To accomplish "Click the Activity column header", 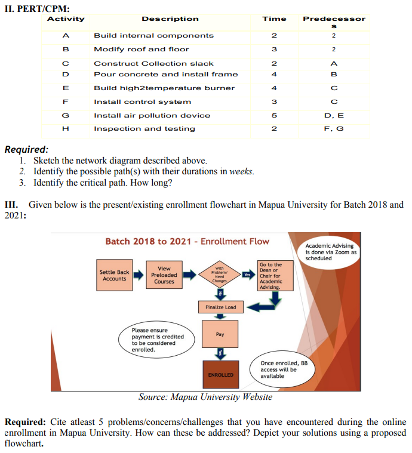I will (x=66, y=19).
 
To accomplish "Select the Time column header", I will (x=274, y=19).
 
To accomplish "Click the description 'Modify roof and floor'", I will (x=142, y=49).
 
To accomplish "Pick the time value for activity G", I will (x=274, y=115).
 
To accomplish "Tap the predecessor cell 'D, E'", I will (x=334, y=115).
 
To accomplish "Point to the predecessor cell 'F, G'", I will (x=334, y=128).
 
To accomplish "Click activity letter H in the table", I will (x=66, y=128).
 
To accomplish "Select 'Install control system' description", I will (x=143, y=101).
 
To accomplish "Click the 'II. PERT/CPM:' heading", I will (x=37, y=8).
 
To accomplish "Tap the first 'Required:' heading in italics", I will (x=27, y=150).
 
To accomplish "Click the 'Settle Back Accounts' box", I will (x=114, y=275).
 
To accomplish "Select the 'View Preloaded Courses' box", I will (x=164, y=275).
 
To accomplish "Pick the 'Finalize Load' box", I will (x=220, y=307).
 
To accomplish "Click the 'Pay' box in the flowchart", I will (x=220, y=334).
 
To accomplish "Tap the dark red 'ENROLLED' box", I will (x=220, y=374).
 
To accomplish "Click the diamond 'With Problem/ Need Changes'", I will (x=220, y=275).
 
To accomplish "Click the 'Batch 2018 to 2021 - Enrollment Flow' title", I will (x=187, y=241).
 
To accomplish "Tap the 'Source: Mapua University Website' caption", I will (x=205, y=397).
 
